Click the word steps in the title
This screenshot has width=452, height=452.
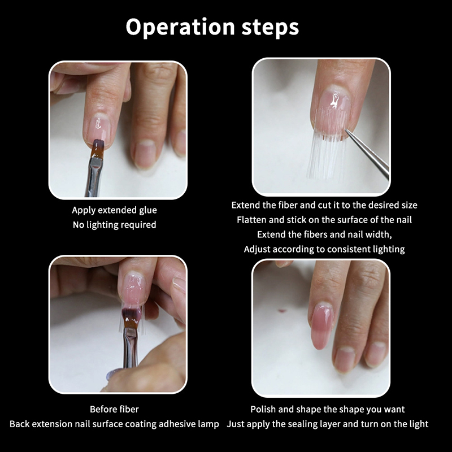[x=270, y=27]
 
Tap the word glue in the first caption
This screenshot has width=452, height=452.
[x=148, y=210]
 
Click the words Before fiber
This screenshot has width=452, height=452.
[x=114, y=409]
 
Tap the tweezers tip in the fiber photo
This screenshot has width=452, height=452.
[x=346, y=130]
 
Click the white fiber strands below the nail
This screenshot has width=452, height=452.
[x=326, y=156]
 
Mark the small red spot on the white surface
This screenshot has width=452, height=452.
[x=282, y=311]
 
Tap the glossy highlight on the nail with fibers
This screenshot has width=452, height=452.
[x=334, y=101]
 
